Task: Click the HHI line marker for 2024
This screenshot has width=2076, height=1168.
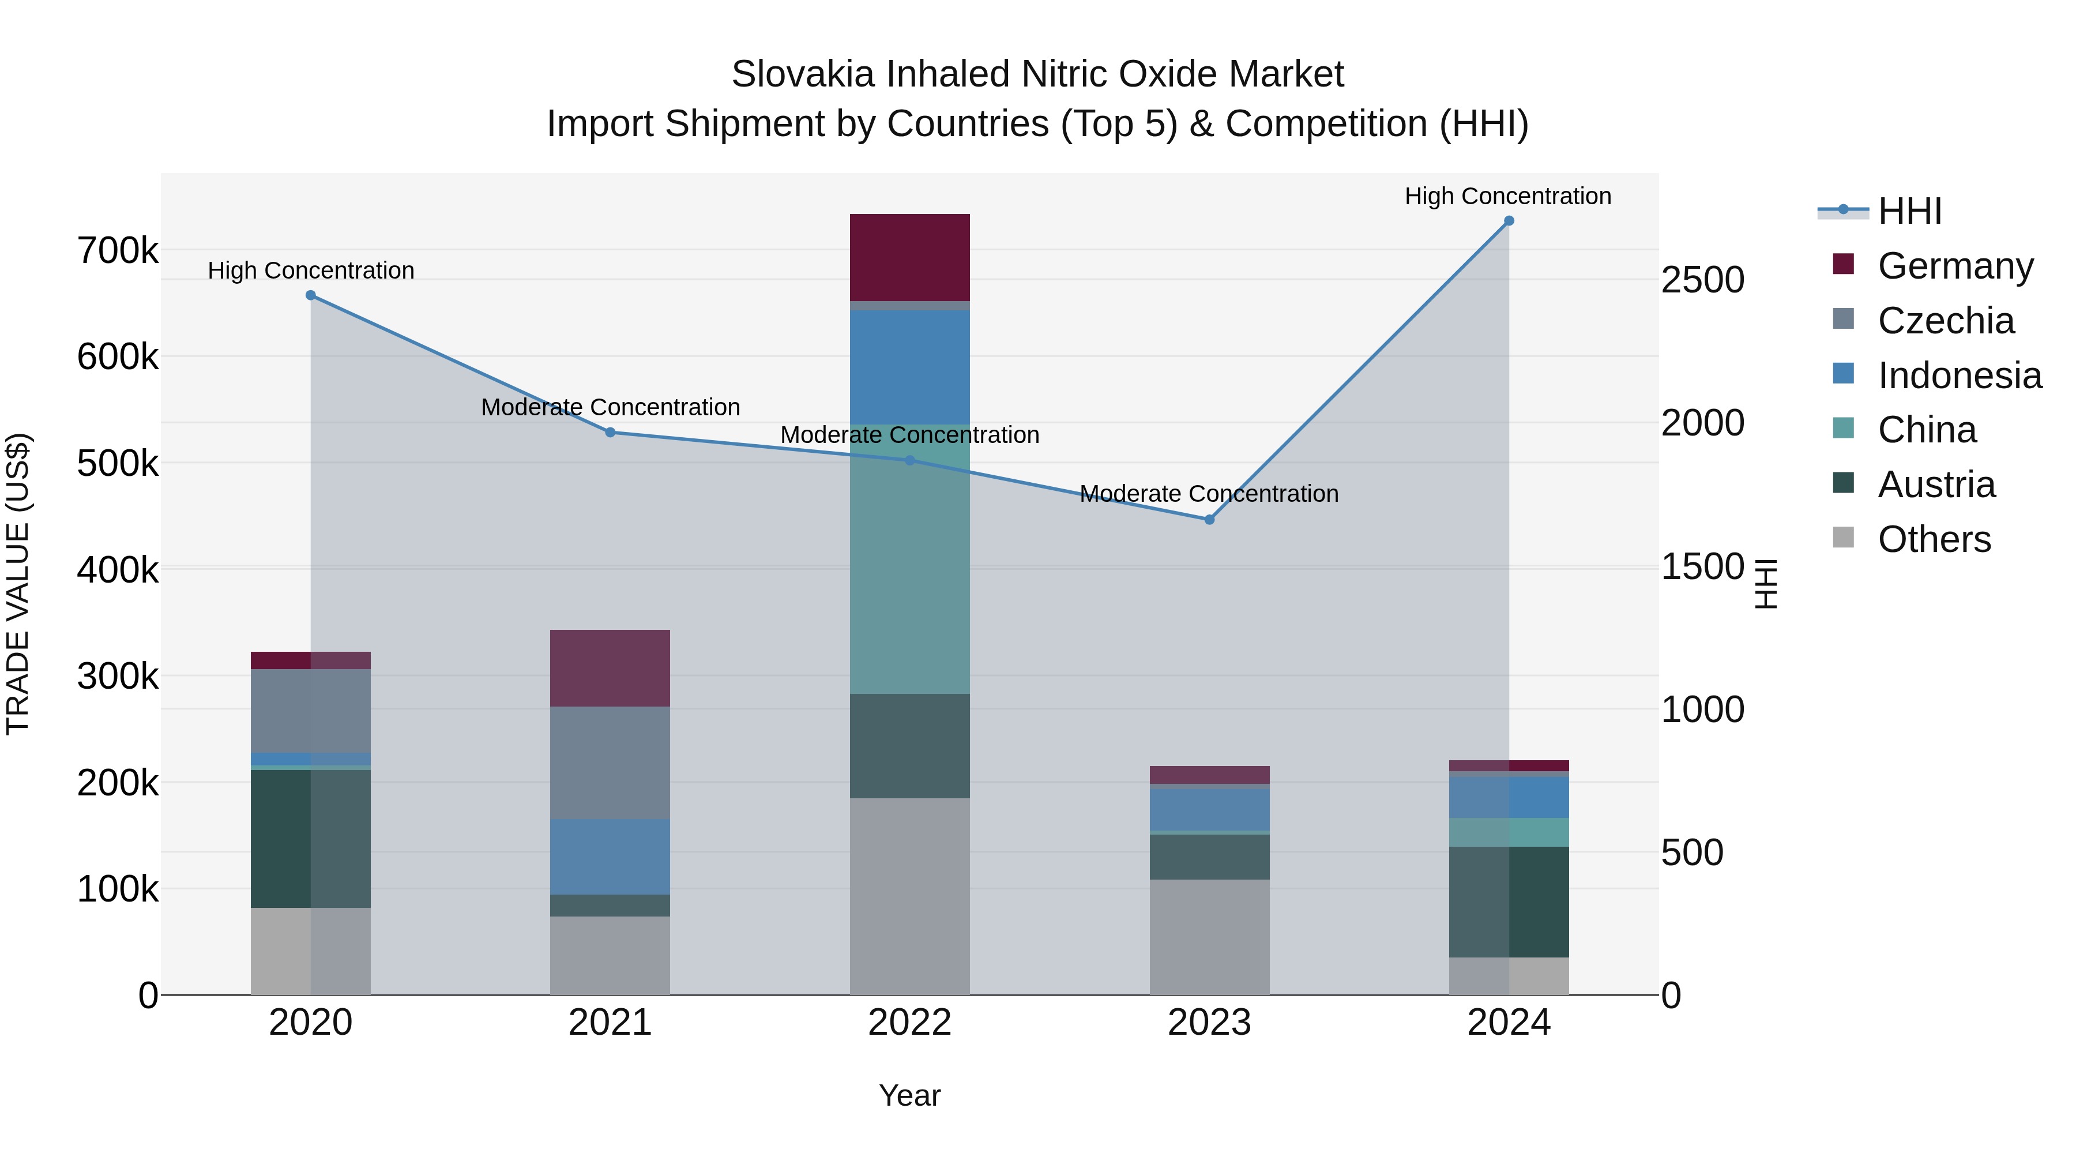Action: tap(1509, 221)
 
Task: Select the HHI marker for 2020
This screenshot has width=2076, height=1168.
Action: tap(311, 295)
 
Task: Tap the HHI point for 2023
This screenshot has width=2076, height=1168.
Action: tap(1209, 520)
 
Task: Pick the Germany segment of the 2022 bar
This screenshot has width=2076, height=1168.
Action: tap(910, 257)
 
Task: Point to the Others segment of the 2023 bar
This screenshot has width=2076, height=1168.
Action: tap(1209, 937)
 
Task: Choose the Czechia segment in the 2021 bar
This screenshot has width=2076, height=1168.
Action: tap(610, 763)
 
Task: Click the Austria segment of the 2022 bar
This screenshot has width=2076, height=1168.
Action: tap(910, 746)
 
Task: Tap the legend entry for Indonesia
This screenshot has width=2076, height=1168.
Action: tap(1959, 375)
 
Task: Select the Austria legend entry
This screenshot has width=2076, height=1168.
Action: tap(1936, 485)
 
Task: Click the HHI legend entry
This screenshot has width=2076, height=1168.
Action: tap(1909, 211)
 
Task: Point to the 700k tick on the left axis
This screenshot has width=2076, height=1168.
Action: tap(118, 251)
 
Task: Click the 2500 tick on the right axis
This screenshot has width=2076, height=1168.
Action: tap(1702, 280)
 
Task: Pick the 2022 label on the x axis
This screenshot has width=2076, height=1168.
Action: tap(910, 1022)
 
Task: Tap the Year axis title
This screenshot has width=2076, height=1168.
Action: tap(910, 1095)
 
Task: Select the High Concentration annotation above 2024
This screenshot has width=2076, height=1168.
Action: tap(1508, 196)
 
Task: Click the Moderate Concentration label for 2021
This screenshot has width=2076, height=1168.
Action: tap(610, 407)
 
